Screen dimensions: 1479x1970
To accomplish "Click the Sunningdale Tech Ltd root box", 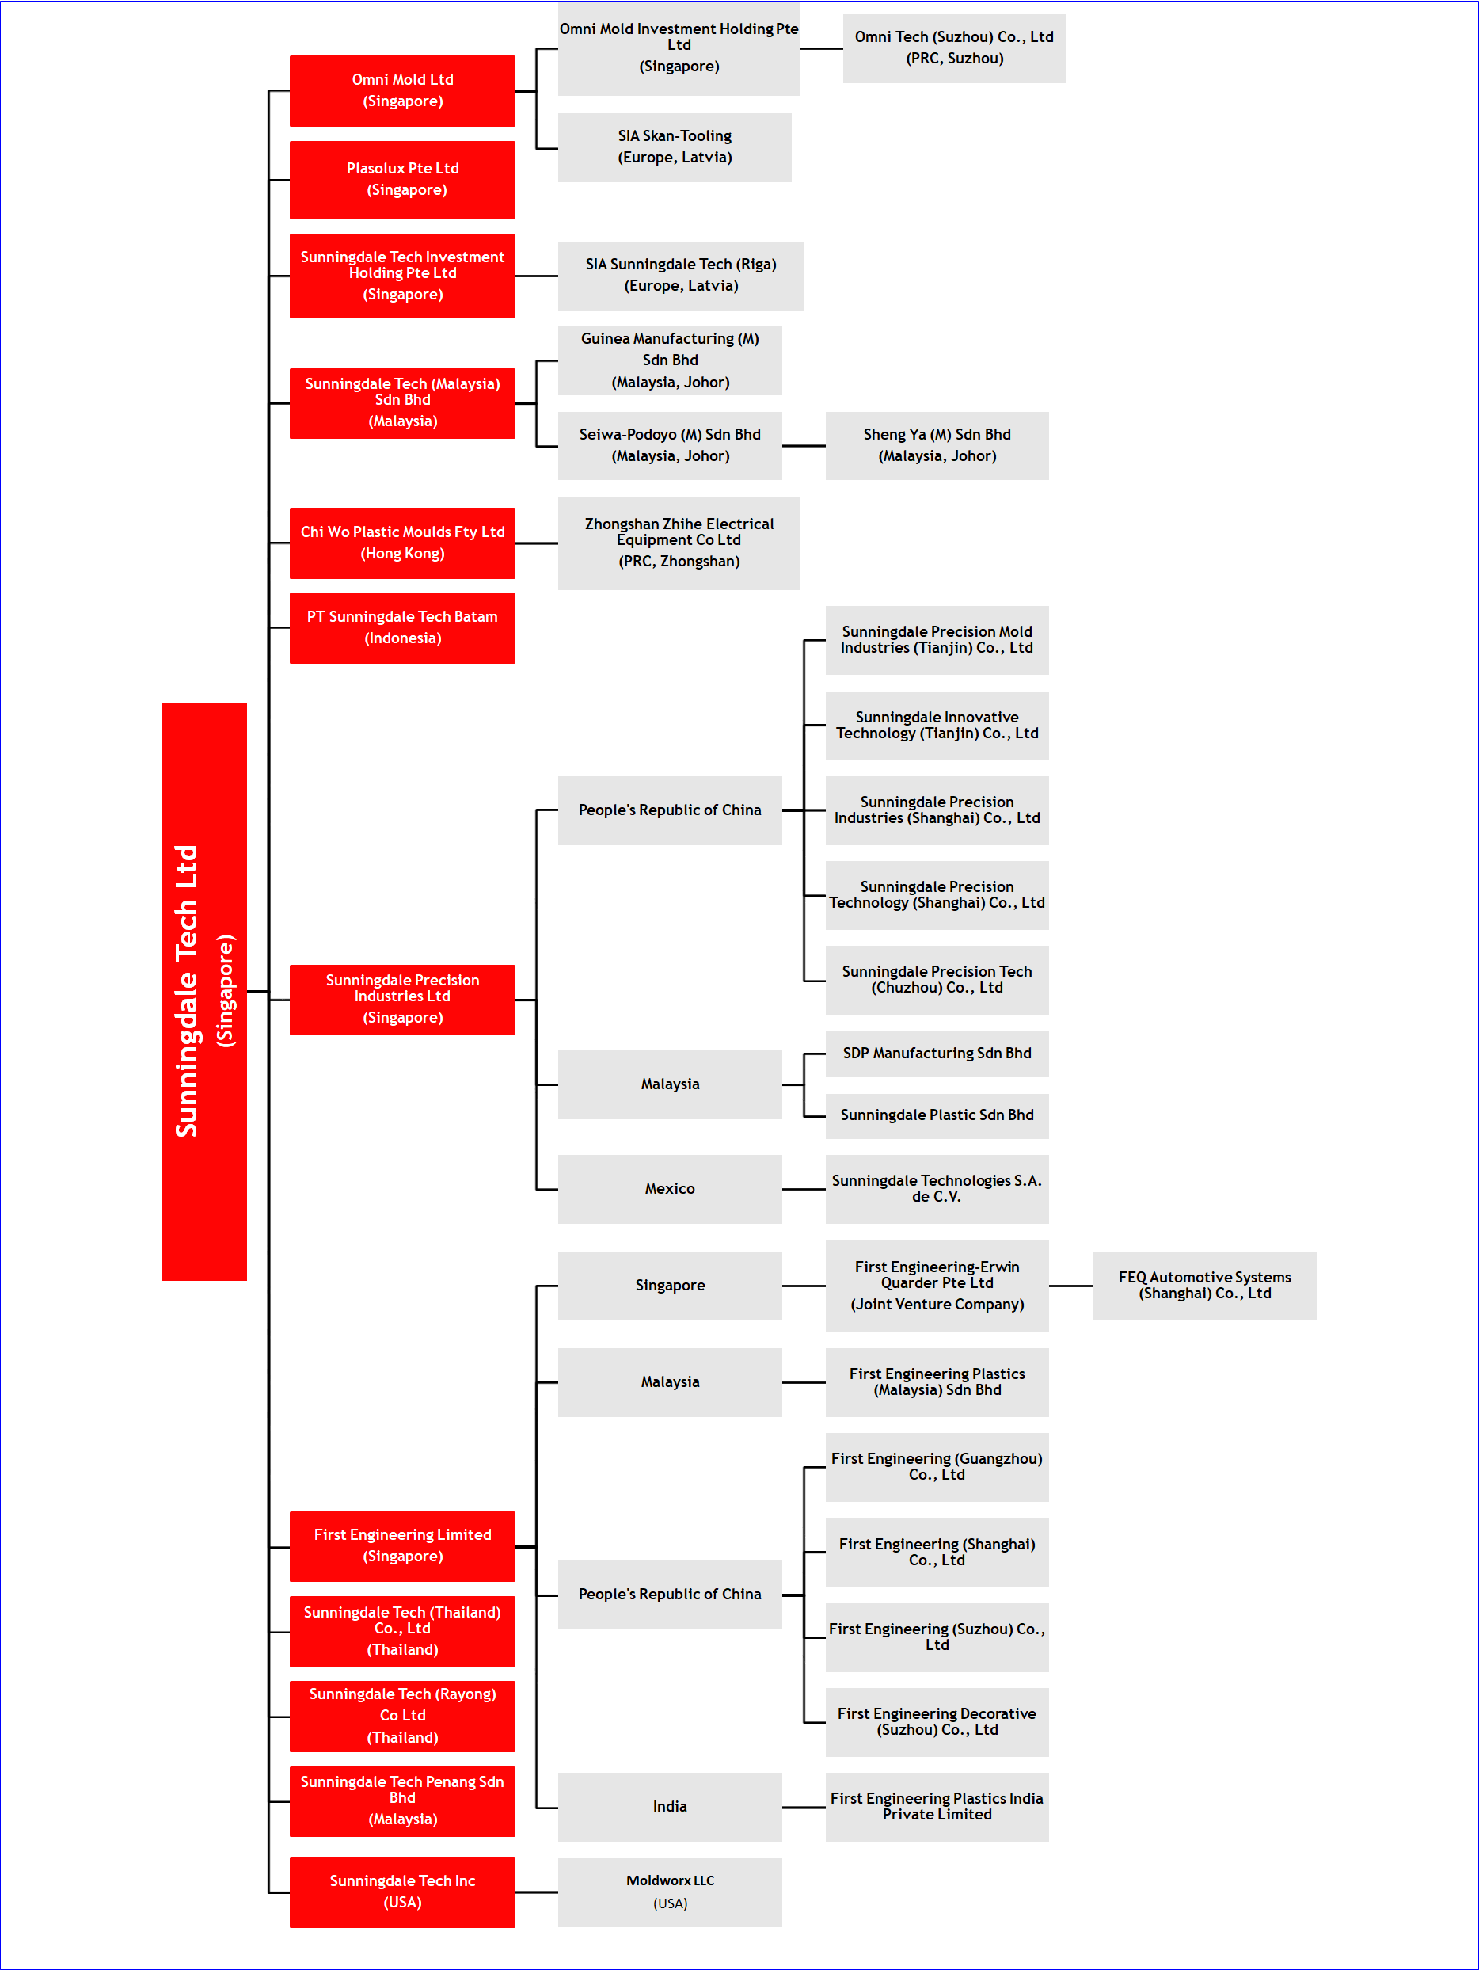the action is click(204, 990).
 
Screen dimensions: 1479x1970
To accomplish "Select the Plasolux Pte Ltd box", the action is click(402, 179).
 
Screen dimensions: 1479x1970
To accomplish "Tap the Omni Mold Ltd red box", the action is click(402, 91).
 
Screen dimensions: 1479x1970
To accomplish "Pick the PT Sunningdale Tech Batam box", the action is click(402, 627).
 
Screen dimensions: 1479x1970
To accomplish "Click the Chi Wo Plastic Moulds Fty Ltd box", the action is click(402, 543).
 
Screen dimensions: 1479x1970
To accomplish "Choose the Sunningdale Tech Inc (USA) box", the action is click(402, 1892).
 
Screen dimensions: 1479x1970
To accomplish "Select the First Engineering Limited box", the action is click(402, 1546).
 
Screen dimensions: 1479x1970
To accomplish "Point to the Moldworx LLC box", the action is click(670, 1892).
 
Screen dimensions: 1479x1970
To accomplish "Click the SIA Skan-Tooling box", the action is click(675, 147).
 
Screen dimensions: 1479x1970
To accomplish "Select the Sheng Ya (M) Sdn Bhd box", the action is click(937, 445).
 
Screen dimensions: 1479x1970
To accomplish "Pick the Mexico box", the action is click(670, 1189).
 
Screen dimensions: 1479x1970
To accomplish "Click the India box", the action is click(670, 1806).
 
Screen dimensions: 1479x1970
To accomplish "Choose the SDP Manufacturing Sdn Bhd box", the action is click(937, 1054).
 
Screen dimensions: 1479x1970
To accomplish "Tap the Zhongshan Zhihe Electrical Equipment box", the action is click(679, 543).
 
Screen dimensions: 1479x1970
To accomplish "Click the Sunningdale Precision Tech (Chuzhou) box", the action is click(937, 980).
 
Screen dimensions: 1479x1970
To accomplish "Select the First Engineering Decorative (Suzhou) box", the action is click(937, 1721).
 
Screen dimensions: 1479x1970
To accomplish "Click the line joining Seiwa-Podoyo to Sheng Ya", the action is click(804, 445).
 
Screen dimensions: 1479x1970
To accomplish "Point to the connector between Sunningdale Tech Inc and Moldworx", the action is click(537, 1892).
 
